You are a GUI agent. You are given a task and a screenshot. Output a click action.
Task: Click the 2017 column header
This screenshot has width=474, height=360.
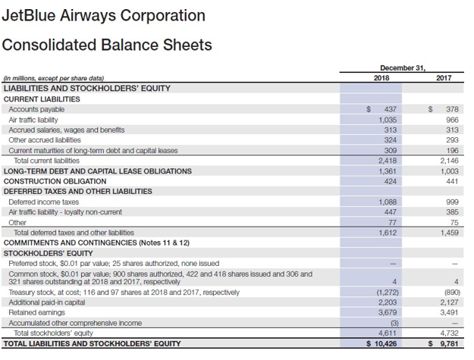tap(443, 77)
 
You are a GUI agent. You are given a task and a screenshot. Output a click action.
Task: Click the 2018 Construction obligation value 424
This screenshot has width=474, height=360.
tap(391, 181)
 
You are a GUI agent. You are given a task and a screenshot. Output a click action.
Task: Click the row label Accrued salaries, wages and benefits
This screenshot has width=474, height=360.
tap(67, 130)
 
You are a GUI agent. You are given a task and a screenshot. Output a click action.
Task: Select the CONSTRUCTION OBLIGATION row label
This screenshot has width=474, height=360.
tap(55, 181)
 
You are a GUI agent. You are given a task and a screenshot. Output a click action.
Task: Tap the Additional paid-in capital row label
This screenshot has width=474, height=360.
tap(47, 302)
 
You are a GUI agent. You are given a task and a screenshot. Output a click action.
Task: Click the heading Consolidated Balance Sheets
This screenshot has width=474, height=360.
tap(107, 45)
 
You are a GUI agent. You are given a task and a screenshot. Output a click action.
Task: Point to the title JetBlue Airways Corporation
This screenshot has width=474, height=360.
tap(103, 15)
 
